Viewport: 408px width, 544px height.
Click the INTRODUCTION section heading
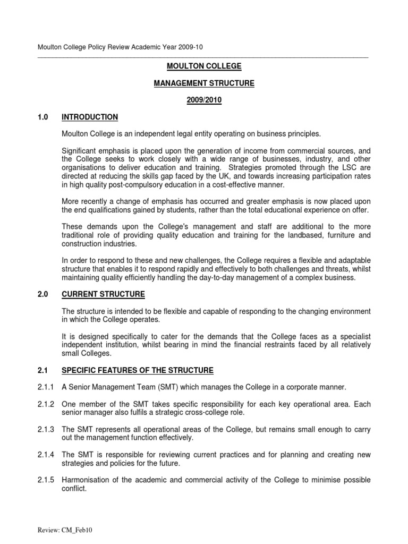90,117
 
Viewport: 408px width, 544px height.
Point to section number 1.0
43,117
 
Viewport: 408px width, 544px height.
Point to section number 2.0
43,294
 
